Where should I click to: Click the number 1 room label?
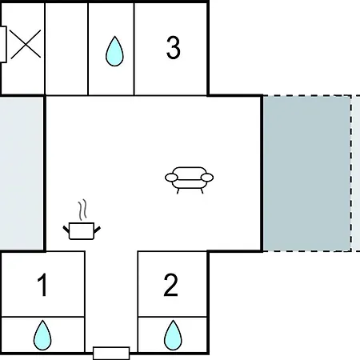[42, 285]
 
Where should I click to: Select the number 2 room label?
[170, 285]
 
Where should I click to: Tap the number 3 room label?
[174, 47]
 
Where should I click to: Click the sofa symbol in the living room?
[189, 180]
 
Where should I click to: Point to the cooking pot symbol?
[82, 231]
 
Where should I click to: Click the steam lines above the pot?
[82, 210]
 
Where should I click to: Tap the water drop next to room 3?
[114, 51]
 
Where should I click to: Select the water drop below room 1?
[42, 335]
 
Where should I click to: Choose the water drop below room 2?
[173, 335]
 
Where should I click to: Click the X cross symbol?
[26, 44]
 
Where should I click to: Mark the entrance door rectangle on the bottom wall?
[111, 353]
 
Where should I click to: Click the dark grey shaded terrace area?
[306, 174]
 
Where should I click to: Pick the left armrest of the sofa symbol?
[171, 178]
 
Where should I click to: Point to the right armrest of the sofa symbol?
[207, 178]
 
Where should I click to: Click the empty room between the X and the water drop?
[66, 49]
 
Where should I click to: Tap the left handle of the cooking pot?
[66, 229]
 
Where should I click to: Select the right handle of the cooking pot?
[98, 229]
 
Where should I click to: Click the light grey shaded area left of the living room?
[22, 174]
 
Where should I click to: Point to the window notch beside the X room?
[3, 44]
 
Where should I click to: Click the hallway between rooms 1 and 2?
[111, 298]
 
